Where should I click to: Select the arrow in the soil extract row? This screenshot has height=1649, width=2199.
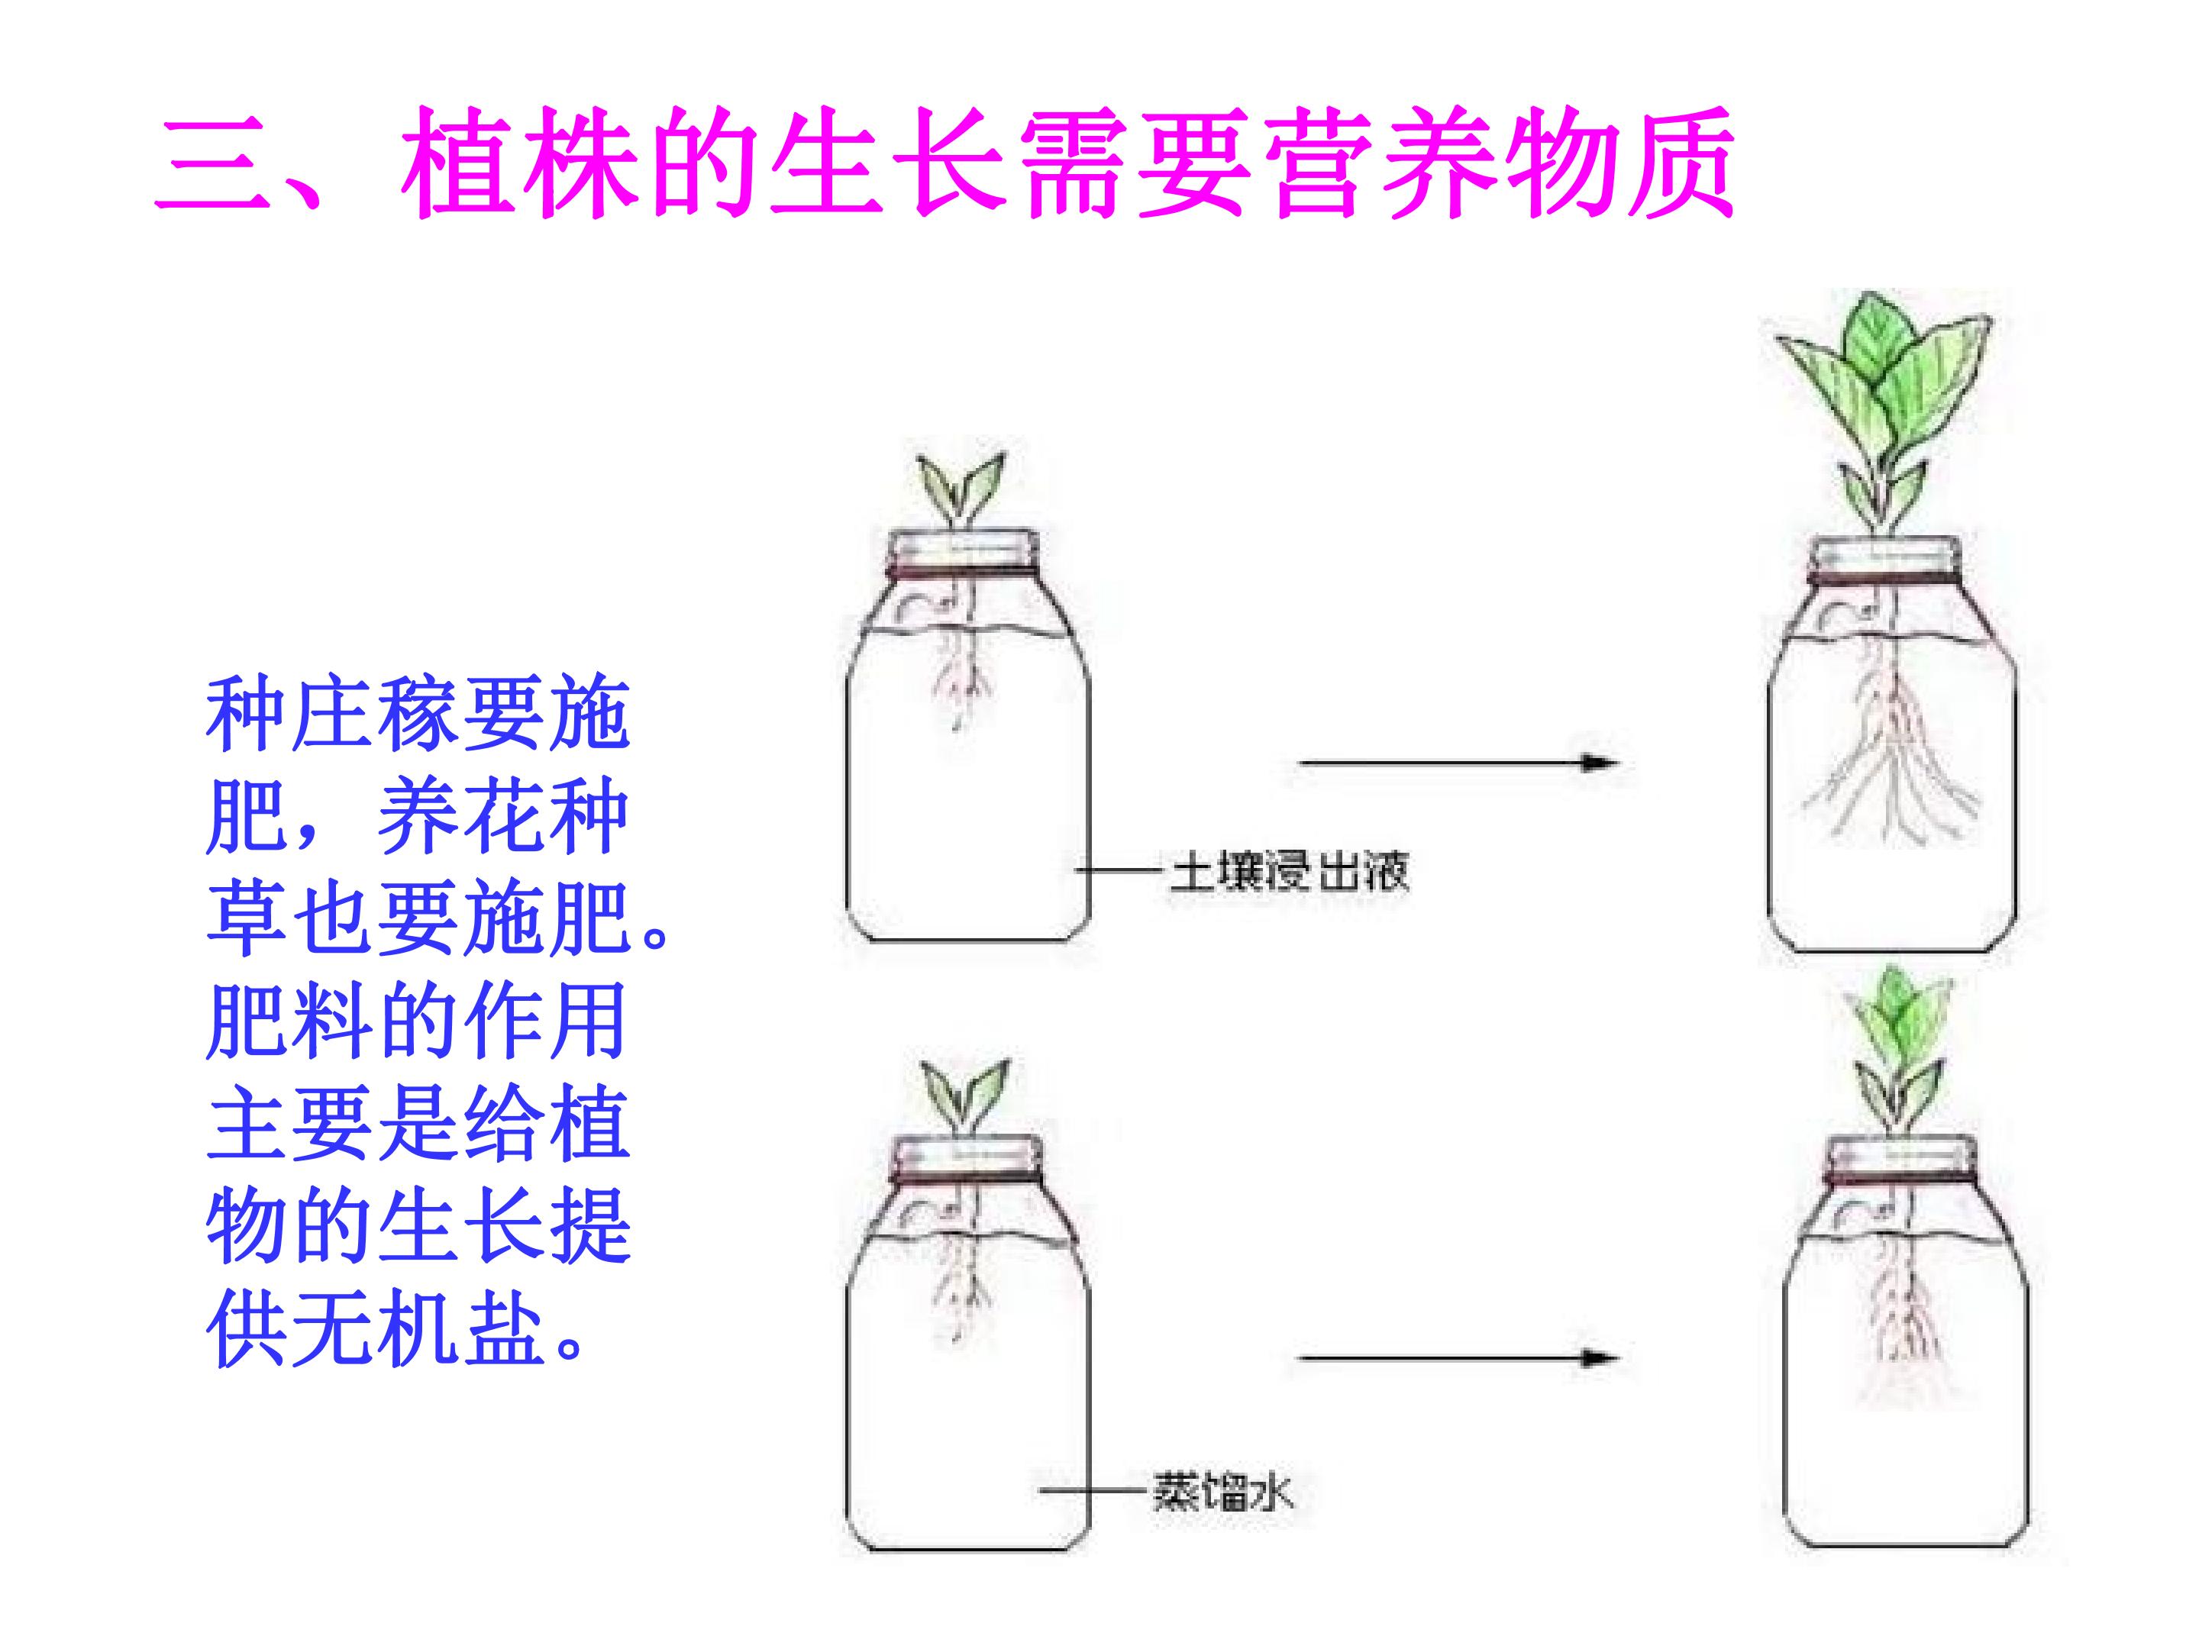[1458, 763]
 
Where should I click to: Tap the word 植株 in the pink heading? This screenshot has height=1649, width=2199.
[517, 162]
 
